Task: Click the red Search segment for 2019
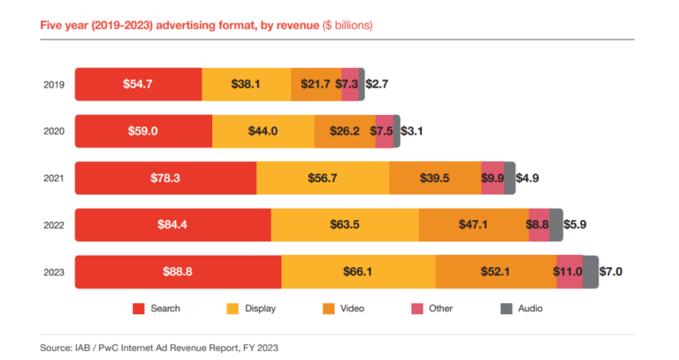point(138,84)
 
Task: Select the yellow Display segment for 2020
point(263,131)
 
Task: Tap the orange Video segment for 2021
point(435,178)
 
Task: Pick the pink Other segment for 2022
point(538,225)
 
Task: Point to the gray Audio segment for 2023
point(591,272)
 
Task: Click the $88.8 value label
point(178,272)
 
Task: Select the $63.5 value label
point(345,225)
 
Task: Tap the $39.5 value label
point(435,178)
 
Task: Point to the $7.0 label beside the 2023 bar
point(611,272)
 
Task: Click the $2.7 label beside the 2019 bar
point(378,84)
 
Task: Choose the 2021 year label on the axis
point(53,178)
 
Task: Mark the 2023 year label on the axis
point(53,272)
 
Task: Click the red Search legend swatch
point(138,309)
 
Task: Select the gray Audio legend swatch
point(507,309)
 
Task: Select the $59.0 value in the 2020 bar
point(143,131)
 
